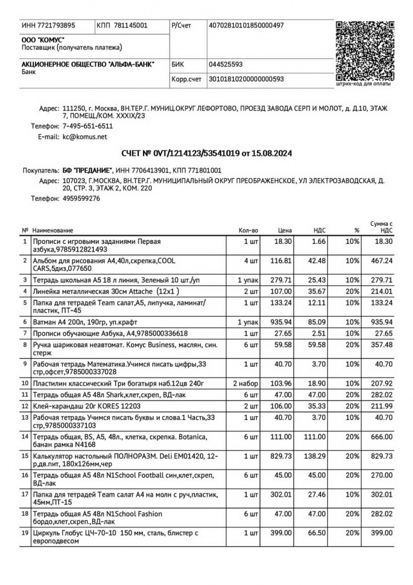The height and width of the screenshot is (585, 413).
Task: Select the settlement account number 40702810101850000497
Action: tap(246, 26)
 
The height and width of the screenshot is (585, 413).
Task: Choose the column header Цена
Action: tap(285, 230)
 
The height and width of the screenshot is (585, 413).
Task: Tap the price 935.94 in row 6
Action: tap(281, 322)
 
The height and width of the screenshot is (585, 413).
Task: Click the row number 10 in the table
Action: tap(25, 383)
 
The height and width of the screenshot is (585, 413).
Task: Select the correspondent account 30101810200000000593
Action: tap(246, 79)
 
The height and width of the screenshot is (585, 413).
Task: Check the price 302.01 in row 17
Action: tap(281, 495)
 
